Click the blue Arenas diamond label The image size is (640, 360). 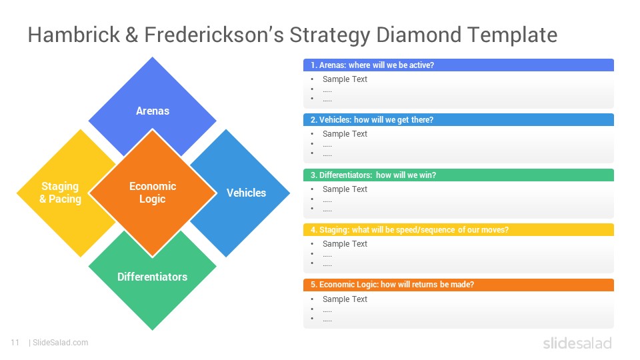tap(153, 111)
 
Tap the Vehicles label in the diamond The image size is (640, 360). tap(246, 193)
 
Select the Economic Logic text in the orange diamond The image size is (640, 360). tap(153, 192)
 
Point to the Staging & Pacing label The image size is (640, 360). tap(61, 192)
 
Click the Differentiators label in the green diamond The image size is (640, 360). tap(152, 277)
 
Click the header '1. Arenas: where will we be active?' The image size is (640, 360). tap(372, 65)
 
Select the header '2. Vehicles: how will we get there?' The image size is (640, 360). tap(372, 119)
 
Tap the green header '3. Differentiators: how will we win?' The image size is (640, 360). tap(373, 175)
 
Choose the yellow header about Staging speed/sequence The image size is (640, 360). tap(409, 230)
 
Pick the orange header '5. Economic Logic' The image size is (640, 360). tap(392, 285)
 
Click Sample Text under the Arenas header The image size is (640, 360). tap(345, 79)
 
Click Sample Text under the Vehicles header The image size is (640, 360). tap(345, 134)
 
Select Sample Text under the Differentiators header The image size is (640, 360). tap(345, 189)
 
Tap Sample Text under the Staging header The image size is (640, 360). tap(345, 244)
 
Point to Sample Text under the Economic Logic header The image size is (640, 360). tap(345, 299)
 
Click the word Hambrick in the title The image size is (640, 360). tap(74, 34)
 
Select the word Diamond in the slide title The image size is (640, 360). tap(419, 34)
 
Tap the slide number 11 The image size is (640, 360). tap(15, 343)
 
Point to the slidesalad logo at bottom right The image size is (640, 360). tap(577, 343)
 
